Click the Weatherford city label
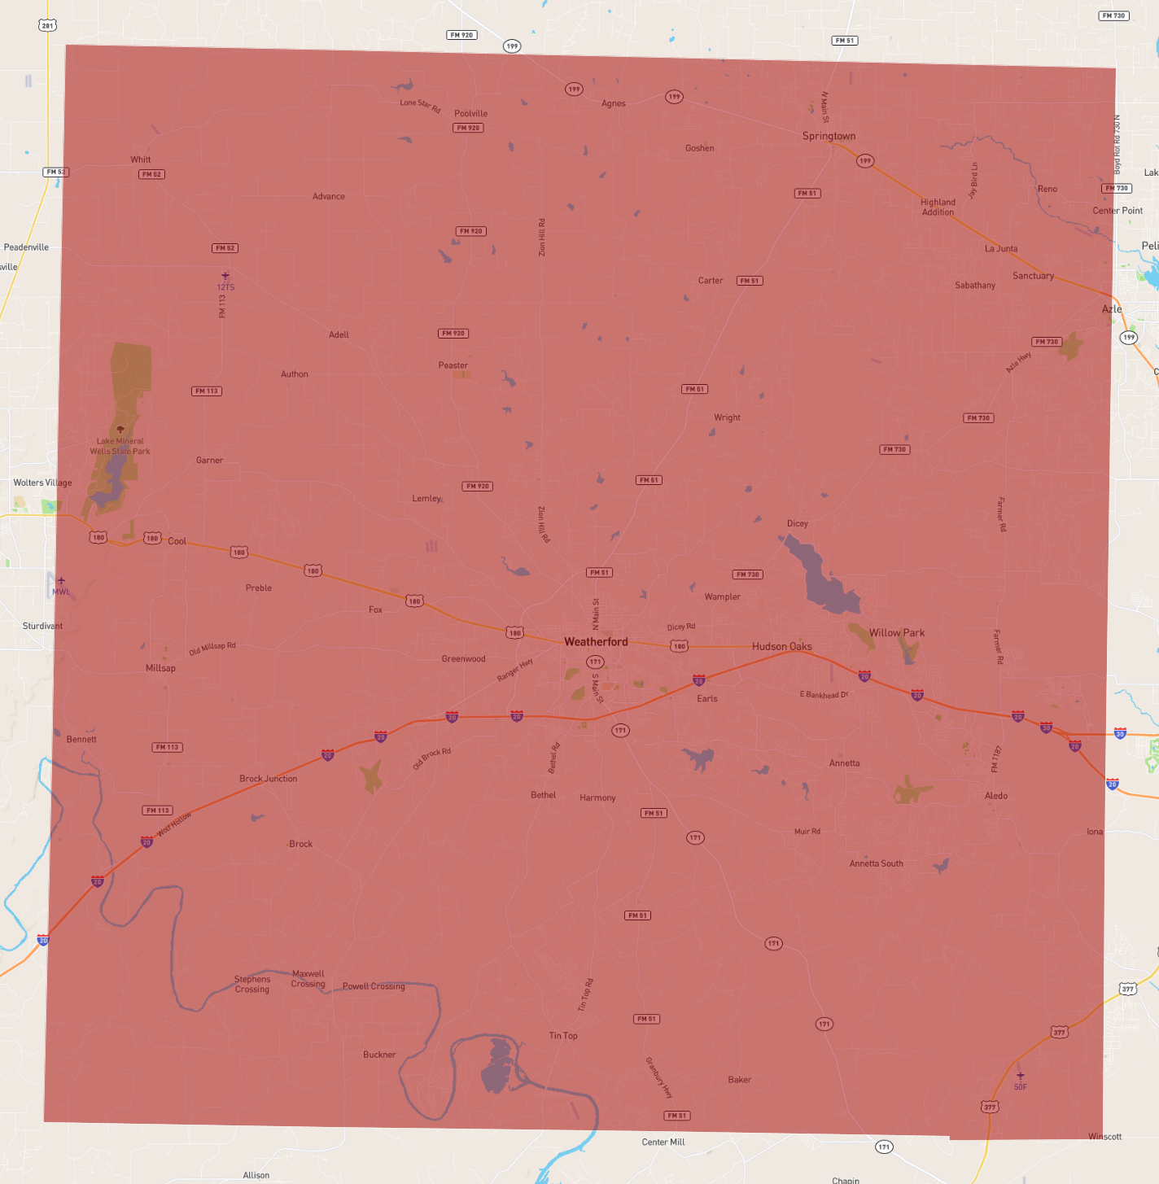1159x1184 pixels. coord(596,642)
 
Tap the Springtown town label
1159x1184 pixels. coord(829,136)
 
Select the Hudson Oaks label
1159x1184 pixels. coord(781,647)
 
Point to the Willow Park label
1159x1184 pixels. coord(896,633)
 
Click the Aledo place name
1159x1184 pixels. coord(995,796)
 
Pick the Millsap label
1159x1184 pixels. coord(160,668)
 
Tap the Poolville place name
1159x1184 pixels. coord(470,114)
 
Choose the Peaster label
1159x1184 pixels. coord(453,365)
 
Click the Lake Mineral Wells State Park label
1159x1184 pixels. coord(120,446)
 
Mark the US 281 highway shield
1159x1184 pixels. coord(47,26)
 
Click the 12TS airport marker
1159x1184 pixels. coord(225,277)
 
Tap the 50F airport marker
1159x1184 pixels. coord(1020,1076)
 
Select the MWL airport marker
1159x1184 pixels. coord(61,581)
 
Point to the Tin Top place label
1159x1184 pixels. coord(562,1036)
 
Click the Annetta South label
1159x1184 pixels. coord(876,863)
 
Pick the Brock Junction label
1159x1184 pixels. coord(268,779)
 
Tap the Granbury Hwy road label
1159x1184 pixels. coord(658,1077)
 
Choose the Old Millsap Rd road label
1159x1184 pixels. coord(212,649)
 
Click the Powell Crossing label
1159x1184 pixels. coord(374,986)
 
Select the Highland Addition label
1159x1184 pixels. coord(938,208)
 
